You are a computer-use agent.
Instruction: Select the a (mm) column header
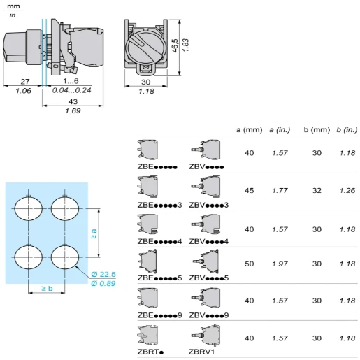coord(248,130)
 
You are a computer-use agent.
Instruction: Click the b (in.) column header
coord(347,130)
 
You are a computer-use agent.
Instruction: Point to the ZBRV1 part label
coord(202,353)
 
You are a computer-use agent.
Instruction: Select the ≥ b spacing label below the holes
coord(46,288)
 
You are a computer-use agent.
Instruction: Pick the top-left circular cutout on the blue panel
coord(28,208)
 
